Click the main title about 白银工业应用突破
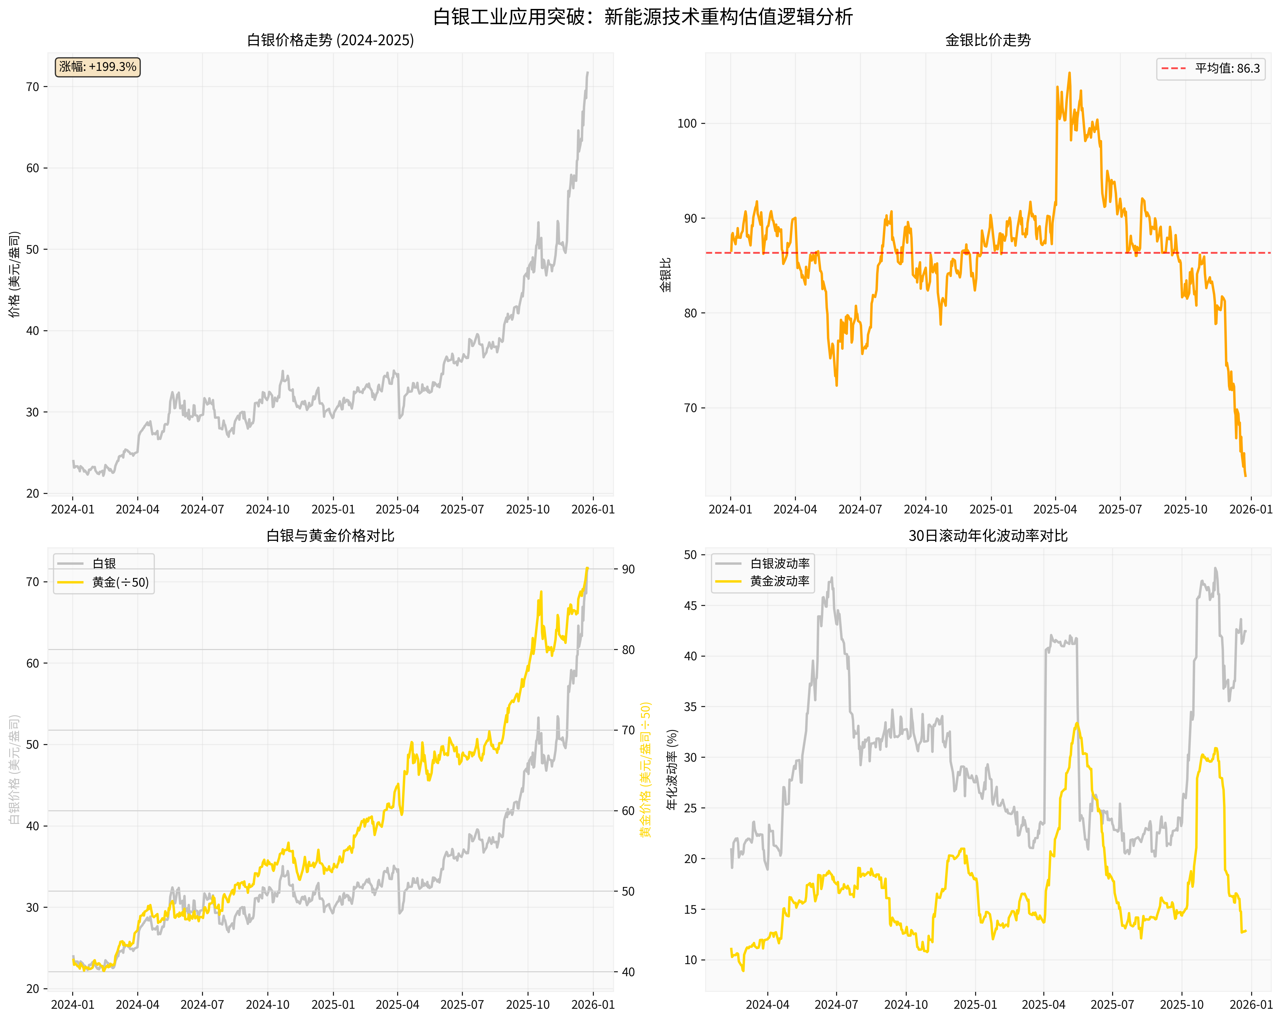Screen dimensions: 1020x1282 [x=642, y=17]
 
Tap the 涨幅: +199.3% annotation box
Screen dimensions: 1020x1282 [x=98, y=67]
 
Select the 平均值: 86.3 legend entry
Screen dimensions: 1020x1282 [x=1211, y=69]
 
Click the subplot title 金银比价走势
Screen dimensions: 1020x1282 [x=988, y=40]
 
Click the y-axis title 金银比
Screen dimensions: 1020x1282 [x=666, y=275]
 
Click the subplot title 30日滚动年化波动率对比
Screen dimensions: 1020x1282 [x=988, y=536]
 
